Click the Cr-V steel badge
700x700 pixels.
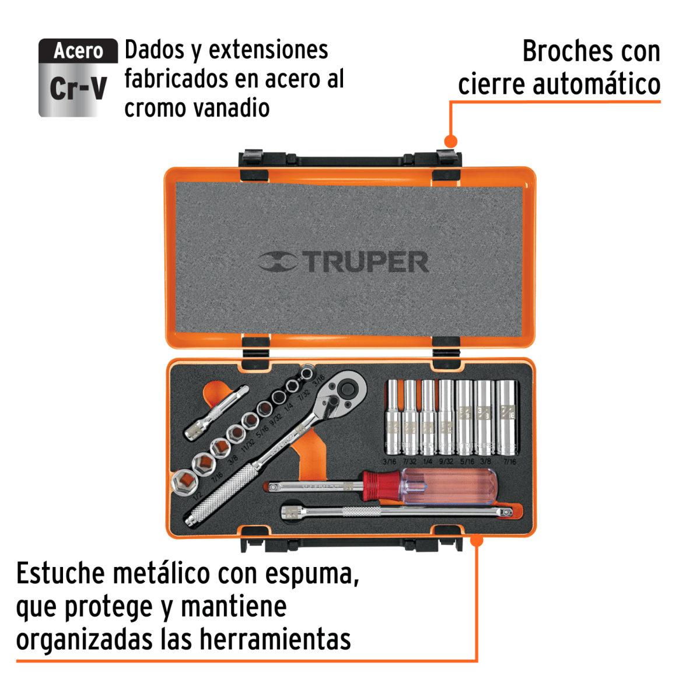tap(78, 78)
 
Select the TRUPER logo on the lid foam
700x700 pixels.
tap(344, 262)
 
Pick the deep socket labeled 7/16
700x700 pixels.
tap(507, 417)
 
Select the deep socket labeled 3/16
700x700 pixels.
tap(391, 417)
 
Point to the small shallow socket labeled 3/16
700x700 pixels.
tap(306, 373)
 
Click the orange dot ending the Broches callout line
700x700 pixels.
tap(450, 141)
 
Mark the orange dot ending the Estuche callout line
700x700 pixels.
tap(477, 540)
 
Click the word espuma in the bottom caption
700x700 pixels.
tap(311, 574)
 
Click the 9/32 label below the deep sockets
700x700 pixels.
tap(446, 462)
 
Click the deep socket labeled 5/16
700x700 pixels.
tap(466, 417)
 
